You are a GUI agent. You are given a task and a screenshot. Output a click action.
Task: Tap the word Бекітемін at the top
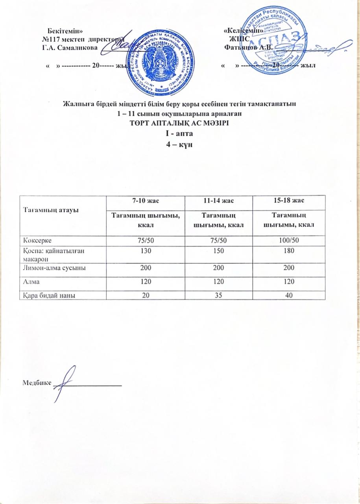pyautogui.click(x=65, y=31)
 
